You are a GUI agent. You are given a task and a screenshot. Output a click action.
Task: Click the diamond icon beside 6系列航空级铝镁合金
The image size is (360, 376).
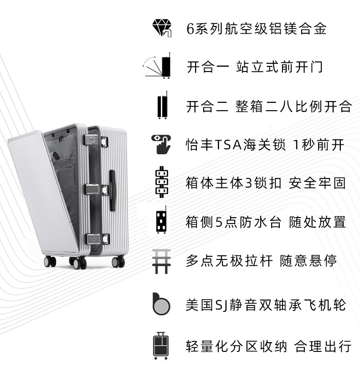pyautogui.click(x=161, y=28)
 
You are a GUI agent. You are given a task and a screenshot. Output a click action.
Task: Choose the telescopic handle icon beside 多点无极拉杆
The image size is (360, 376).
pyautogui.click(x=161, y=261)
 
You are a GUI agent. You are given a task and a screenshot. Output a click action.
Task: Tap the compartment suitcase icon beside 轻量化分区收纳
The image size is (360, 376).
pyautogui.click(x=161, y=346)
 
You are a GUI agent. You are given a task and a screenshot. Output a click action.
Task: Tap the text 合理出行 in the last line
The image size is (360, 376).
pyautogui.click(x=323, y=346)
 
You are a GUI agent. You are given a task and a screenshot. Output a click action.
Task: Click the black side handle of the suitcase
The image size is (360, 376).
pyautogui.click(x=112, y=190)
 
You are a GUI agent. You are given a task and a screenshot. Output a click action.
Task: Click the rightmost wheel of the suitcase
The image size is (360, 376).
pyautogui.click(x=118, y=262)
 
